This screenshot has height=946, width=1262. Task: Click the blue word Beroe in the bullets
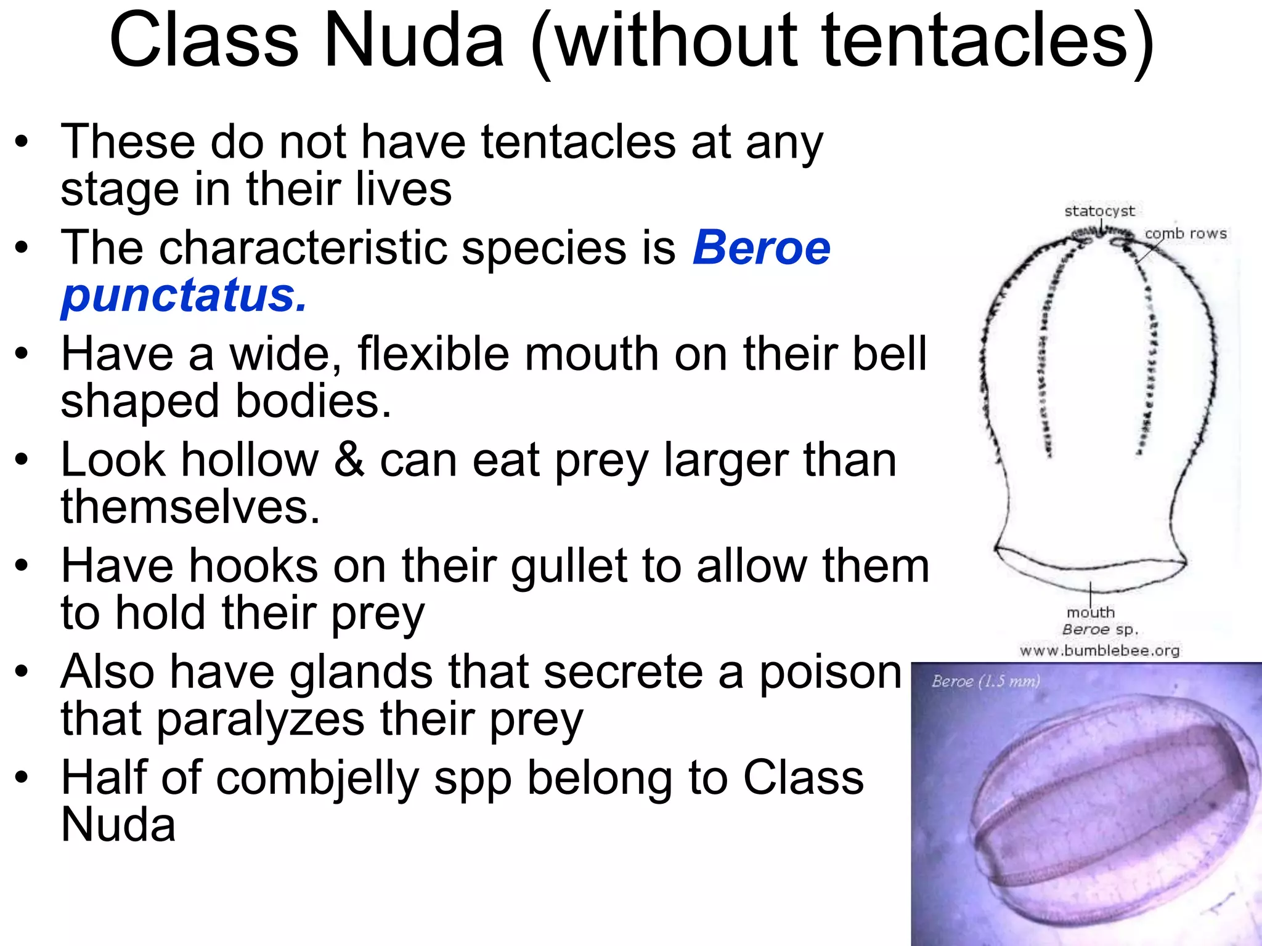tap(762, 248)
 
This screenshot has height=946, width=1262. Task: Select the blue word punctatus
tap(183, 296)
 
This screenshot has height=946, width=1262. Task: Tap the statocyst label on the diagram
tap(1099, 211)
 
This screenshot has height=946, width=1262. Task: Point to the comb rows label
tap(1186, 234)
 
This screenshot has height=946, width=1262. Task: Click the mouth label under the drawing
tap(1091, 613)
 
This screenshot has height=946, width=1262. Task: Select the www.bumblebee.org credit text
tap(1099, 650)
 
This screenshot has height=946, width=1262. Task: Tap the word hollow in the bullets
tap(251, 460)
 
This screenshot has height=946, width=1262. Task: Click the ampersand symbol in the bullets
tap(349, 460)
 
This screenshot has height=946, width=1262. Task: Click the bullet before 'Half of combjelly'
tap(22, 778)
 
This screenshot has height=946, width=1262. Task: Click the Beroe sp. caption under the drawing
tap(1100, 630)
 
